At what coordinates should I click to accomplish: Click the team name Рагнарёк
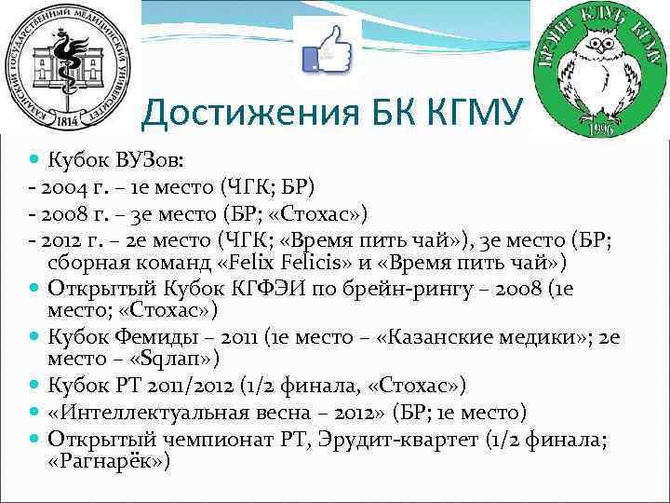[x=110, y=460]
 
